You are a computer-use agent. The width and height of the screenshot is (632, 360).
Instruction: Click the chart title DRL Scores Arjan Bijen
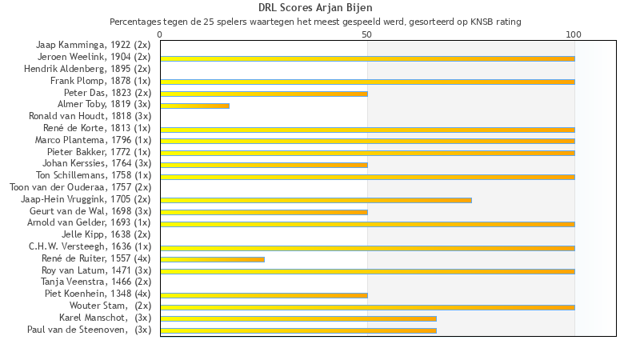click(315, 8)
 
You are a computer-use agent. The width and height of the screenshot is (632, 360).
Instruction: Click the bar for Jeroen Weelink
click(367, 58)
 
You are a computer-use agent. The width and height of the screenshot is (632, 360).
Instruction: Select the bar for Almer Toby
click(194, 106)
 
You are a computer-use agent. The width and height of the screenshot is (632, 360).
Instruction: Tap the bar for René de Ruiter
click(212, 259)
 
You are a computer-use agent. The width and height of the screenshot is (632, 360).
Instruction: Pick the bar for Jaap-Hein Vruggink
click(316, 200)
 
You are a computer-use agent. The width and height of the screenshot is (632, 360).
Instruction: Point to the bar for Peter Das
click(264, 94)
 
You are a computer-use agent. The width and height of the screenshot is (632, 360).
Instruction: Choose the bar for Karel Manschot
click(298, 318)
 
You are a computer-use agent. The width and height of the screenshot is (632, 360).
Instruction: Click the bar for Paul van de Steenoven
click(298, 330)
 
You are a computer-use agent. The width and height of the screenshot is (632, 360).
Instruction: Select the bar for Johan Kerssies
click(264, 165)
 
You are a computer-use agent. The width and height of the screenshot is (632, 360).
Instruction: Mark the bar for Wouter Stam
click(367, 306)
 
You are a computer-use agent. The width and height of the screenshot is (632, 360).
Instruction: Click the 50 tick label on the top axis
click(367, 34)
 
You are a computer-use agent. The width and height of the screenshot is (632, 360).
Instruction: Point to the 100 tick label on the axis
click(574, 34)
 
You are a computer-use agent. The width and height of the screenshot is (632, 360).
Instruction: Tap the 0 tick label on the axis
click(160, 34)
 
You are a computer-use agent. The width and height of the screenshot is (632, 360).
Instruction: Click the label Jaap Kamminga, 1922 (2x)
click(93, 46)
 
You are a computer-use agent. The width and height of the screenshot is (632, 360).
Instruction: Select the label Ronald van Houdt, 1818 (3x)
click(90, 117)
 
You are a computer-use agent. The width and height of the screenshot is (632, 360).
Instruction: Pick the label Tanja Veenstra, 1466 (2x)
click(96, 282)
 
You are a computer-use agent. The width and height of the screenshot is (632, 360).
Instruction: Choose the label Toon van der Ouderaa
click(80, 188)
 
